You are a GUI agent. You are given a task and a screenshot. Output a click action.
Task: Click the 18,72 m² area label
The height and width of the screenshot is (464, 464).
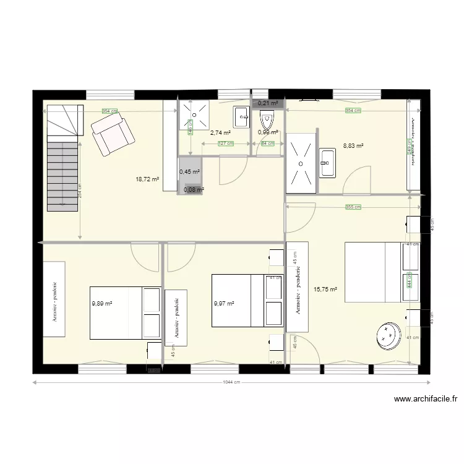[x=147, y=179]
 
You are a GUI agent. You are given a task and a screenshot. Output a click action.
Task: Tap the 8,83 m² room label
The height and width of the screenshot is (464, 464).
[x=353, y=147]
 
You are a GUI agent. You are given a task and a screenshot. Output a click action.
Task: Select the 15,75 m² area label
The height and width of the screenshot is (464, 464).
[x=325, y=289]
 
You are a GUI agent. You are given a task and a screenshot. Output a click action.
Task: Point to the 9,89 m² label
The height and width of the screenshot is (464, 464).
[x=102, y=304]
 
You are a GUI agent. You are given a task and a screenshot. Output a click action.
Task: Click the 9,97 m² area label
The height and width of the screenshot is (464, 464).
[x=224, y=304]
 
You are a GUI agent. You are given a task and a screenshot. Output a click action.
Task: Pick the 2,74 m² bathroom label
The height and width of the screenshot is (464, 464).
[x=221, y=132]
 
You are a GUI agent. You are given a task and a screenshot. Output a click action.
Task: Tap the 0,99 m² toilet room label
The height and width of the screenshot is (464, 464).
[x=268, y=132]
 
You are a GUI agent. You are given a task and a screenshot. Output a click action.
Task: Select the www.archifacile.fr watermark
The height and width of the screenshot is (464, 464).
[x=425, y=400]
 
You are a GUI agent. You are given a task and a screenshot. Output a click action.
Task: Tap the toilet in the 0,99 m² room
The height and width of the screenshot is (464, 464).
[x=267, y=118]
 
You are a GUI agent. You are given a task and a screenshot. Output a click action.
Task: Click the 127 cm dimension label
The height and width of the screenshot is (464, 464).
[x=226, y=144]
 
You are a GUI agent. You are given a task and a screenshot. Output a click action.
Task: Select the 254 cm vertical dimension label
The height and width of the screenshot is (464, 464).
[x=80, y=193]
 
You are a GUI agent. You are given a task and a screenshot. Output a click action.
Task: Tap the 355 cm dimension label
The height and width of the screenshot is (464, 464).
[x=353, y=207]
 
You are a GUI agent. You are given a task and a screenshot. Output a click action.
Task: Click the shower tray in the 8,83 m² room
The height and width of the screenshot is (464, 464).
[x=300, y=163]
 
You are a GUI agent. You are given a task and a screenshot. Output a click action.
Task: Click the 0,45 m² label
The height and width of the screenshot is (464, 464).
[x=189, y=172]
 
